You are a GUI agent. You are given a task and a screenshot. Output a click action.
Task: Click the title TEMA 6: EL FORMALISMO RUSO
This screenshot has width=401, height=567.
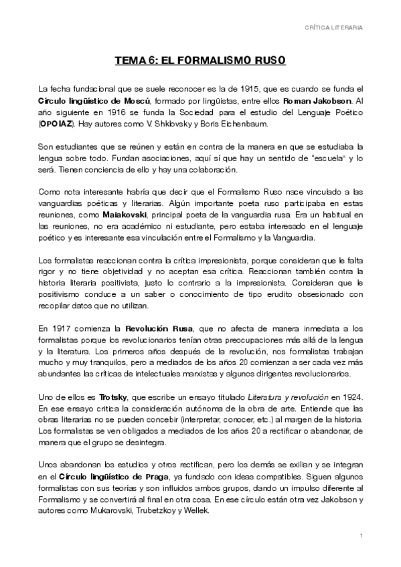[200, 60]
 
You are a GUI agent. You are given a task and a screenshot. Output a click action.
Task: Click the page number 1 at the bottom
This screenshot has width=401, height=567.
[361, 536]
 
